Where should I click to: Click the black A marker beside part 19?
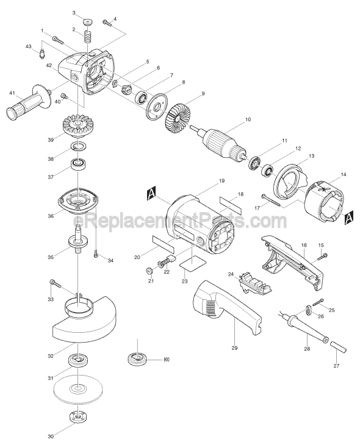(151, 194)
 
